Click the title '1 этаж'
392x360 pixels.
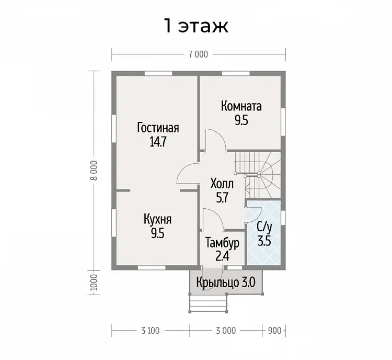pos(196,26)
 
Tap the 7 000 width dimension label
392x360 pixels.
pos(198,54)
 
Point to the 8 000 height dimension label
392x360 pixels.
pos(95,170)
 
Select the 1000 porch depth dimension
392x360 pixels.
pos(94,283)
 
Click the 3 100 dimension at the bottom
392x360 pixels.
pos(150,331)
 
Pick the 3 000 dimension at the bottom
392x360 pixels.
pos(226,331)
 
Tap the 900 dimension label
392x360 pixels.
pos(274,331)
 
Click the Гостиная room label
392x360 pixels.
pos(158,128)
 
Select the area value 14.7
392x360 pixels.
pos(158,142)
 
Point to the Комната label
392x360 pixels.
pos(241,106)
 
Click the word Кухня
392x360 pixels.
pos(158,220)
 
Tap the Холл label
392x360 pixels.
pos(222,184)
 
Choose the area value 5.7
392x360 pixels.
pos(222,198)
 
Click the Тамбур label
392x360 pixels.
pos(222,243)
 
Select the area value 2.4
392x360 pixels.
pos(222,256)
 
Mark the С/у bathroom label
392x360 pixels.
pos(264,227)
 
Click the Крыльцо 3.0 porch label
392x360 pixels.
pos(226,283)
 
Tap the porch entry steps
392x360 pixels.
pos(208,303)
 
